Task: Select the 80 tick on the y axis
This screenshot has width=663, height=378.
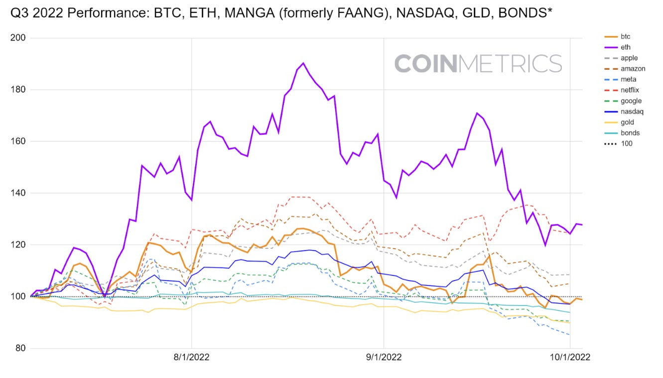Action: coord(21,348)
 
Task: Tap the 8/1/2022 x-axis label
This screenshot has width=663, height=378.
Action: coord(192,358)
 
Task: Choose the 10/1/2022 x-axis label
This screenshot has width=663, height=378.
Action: coord(569,358)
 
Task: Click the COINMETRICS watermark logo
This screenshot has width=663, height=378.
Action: coord(478,63)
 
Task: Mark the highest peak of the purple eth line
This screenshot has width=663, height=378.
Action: coord(303,63)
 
